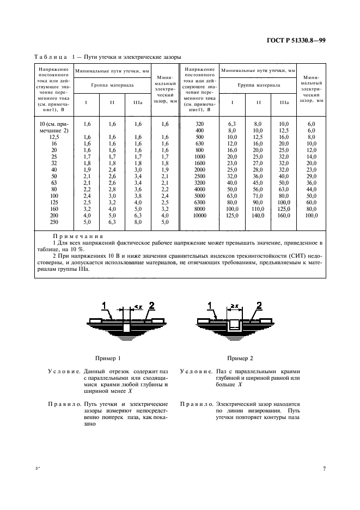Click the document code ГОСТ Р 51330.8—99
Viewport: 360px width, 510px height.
coord(296,40)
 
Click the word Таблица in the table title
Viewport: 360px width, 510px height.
coord(50,57)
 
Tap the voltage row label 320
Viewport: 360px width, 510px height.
coord(199,124)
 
